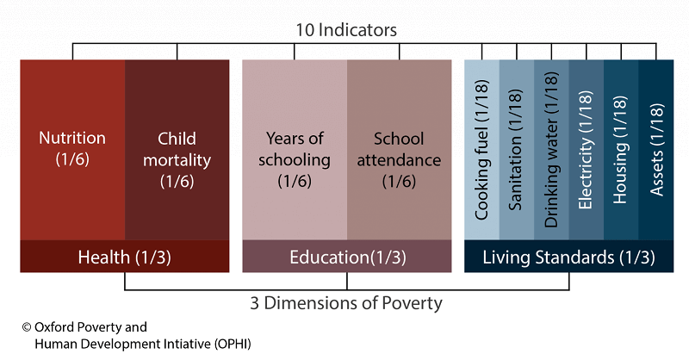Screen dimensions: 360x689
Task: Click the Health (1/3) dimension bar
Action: (x=124, y=257)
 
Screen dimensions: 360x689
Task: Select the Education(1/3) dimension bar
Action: (x=347, y=257)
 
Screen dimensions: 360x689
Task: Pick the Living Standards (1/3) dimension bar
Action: (x=568, y=257)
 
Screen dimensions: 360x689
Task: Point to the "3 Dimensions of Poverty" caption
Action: (x=347, y=302)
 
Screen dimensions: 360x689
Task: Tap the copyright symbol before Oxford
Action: (x=27, y=327)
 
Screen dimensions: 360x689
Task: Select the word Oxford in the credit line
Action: (x=55, y=327)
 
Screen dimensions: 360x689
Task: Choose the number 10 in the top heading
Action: (x=307, y=30)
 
